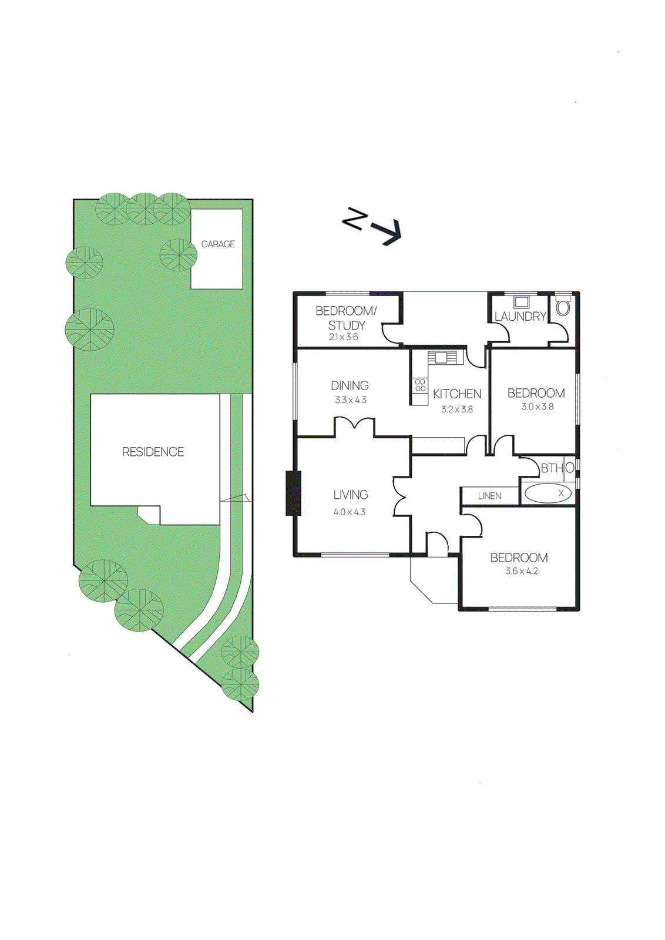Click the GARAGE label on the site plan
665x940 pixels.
tap(218, 244)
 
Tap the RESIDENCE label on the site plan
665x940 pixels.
tap(153, 452)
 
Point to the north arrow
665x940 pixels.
tap(372, 226)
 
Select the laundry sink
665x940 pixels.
tap(520, 302)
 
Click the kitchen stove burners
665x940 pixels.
tap(420, 385)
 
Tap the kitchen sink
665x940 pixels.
tap(442, 357)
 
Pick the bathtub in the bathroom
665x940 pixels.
tap(548, 493)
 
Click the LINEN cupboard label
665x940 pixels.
tap(489, 496)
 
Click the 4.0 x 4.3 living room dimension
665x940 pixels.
tap(350, 512)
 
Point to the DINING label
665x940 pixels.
tap(350, 385)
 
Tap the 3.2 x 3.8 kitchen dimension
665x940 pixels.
tap(457, 409)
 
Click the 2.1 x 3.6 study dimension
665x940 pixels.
tap(344, 337)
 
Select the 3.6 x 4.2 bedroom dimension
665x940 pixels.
tap(522, 571)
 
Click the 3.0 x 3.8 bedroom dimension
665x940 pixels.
tap(538, 407)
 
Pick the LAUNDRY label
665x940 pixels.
tap(520, 317)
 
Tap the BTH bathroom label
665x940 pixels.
tap(552, 468)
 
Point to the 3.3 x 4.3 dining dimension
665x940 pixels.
tap(351, 400)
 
